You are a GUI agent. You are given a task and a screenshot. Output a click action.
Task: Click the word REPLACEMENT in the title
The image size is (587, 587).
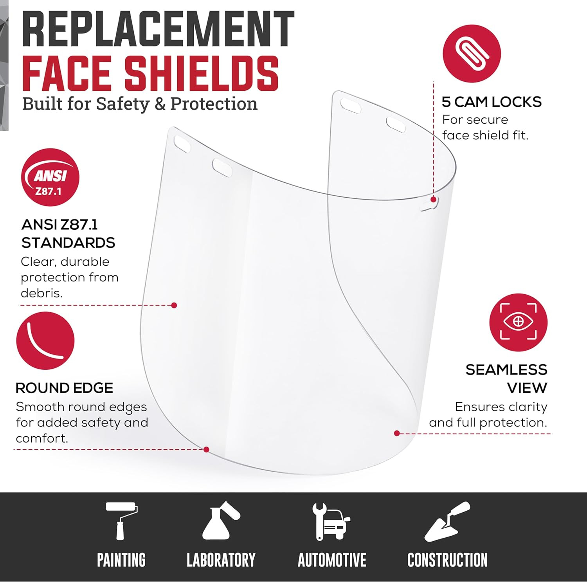pyautogui.click(x=158, y=29)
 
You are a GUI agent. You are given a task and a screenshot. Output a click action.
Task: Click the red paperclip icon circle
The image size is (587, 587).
pyautogui.click(x=472, y=54)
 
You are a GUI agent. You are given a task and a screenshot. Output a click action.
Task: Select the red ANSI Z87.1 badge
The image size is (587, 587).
pyautogui.click(x=50, y=177)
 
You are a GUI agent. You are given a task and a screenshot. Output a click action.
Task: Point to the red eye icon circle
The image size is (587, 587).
pyautogui.click(x=518, y=322)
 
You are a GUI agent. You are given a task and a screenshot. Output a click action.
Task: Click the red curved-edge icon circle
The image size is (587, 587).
pyautogui.click(x=45, y=340)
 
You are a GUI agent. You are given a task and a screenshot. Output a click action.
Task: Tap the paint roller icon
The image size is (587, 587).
pyautogui.click(x=121, y=521)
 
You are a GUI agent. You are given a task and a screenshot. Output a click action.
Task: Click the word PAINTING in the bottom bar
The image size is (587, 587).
pyautogui.click(x=121, y=560)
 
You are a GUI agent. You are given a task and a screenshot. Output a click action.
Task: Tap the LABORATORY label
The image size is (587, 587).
pyautogui.click(x=221, y=560)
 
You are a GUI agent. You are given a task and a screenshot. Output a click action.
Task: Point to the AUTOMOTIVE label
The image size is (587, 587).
pyautogui.click(x=332, y=560)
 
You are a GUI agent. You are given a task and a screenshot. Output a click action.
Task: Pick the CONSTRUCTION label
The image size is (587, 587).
pyautogui.click(x=447, y=560)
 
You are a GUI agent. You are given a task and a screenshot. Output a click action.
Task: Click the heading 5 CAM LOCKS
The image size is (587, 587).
pyautogui.click(x=492, y=102)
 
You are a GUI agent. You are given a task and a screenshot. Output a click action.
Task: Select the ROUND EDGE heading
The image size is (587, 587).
pyautogui.click(x=64, y=388)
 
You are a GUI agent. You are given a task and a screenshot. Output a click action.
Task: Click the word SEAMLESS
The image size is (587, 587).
pyautogui.click(x=506, y=370)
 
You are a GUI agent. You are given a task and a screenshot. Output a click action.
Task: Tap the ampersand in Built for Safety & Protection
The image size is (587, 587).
pyautogui.click(x=160, y=104)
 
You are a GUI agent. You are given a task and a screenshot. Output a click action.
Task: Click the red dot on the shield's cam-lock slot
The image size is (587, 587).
pyautogui.click(x=433, y=200)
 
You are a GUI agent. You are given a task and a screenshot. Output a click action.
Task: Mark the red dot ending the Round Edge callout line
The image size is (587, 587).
pyautogui.click(x=206, y=450)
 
